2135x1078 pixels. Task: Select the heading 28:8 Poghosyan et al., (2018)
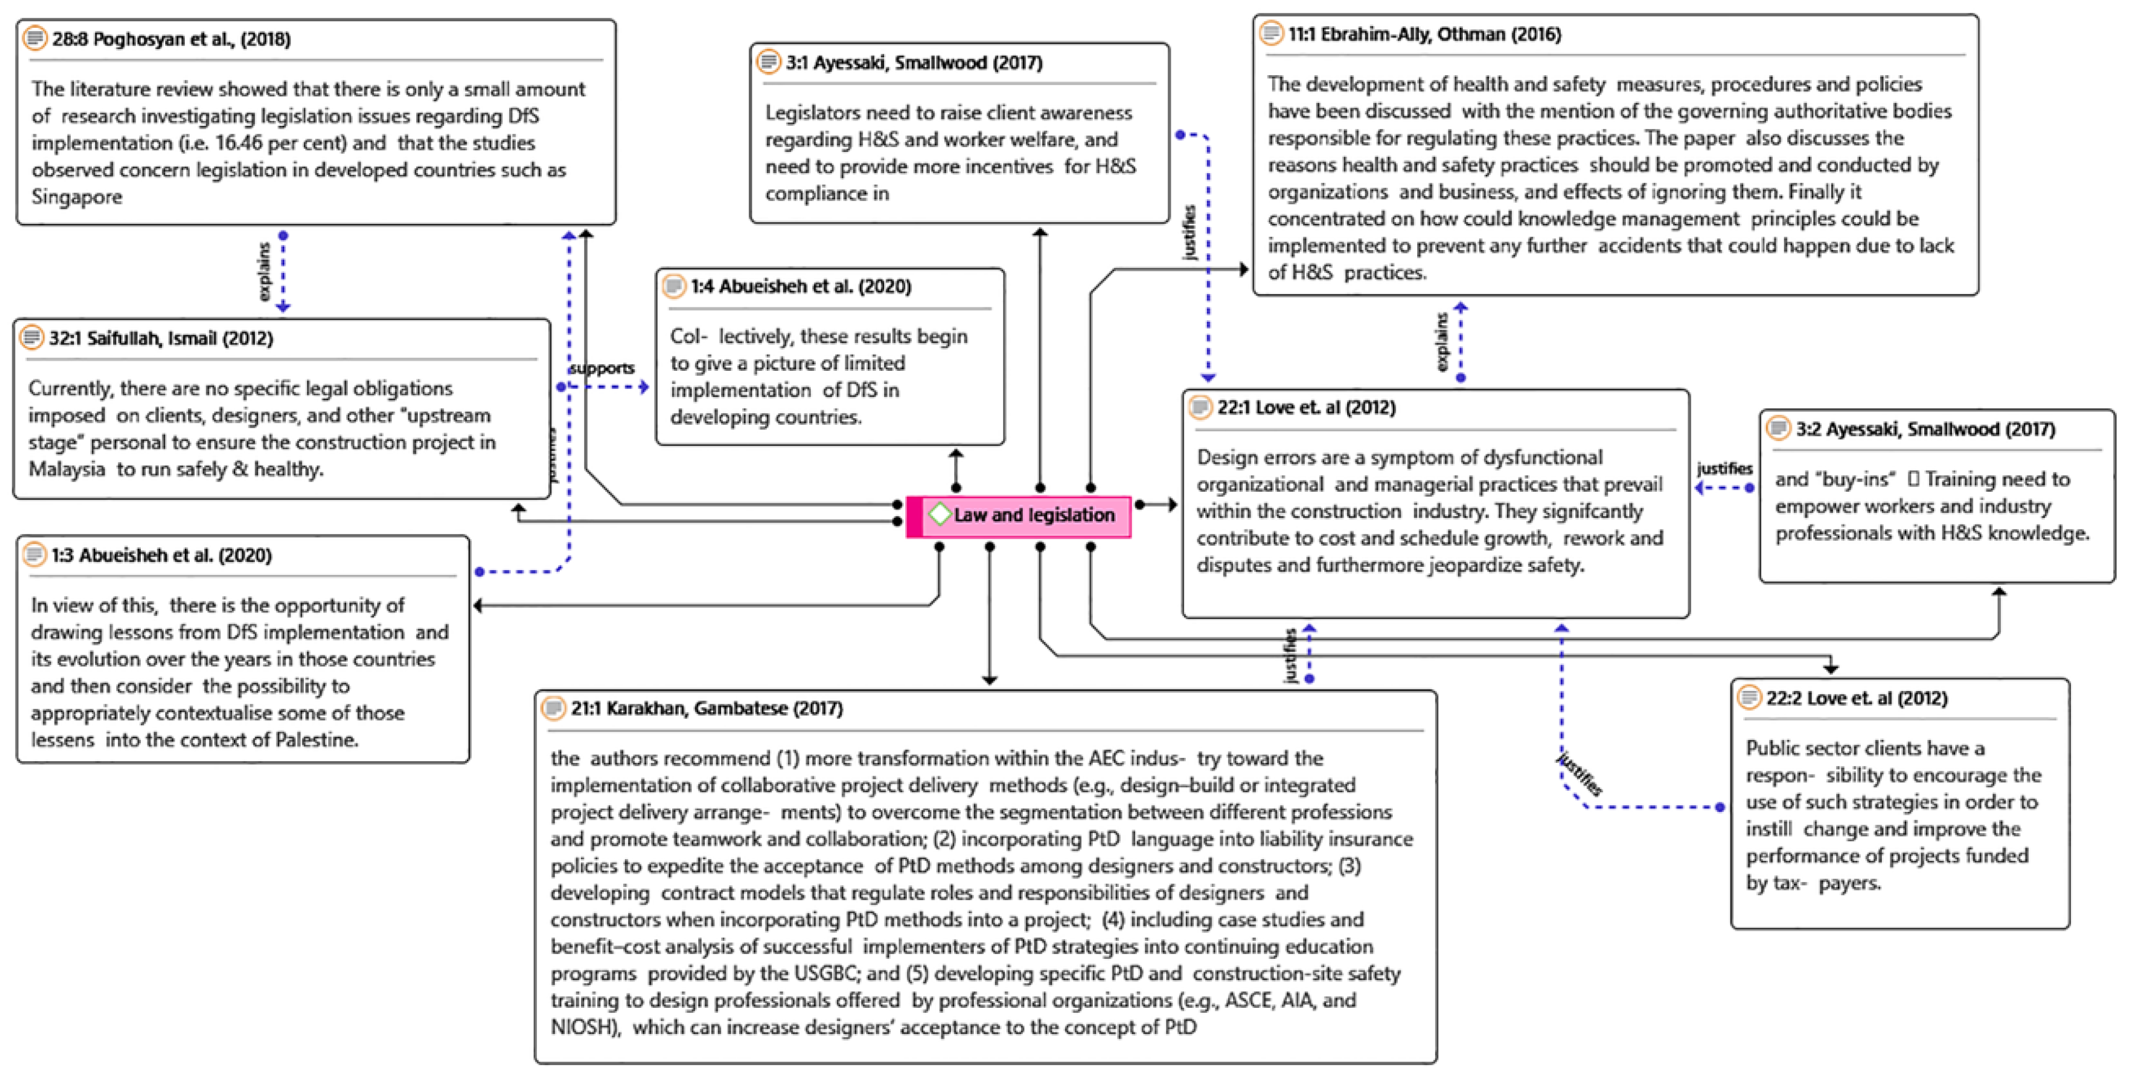point(171,39)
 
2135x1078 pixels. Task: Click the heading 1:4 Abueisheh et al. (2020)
point(801,287)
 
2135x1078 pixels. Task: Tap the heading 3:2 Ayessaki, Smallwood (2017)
point(1925,429)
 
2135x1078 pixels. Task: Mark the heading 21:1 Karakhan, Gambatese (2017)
point(706,709)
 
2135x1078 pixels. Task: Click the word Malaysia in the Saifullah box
point(66,469)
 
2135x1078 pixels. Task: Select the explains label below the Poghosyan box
point(264,271)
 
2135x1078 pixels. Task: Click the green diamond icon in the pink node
point(939,514)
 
